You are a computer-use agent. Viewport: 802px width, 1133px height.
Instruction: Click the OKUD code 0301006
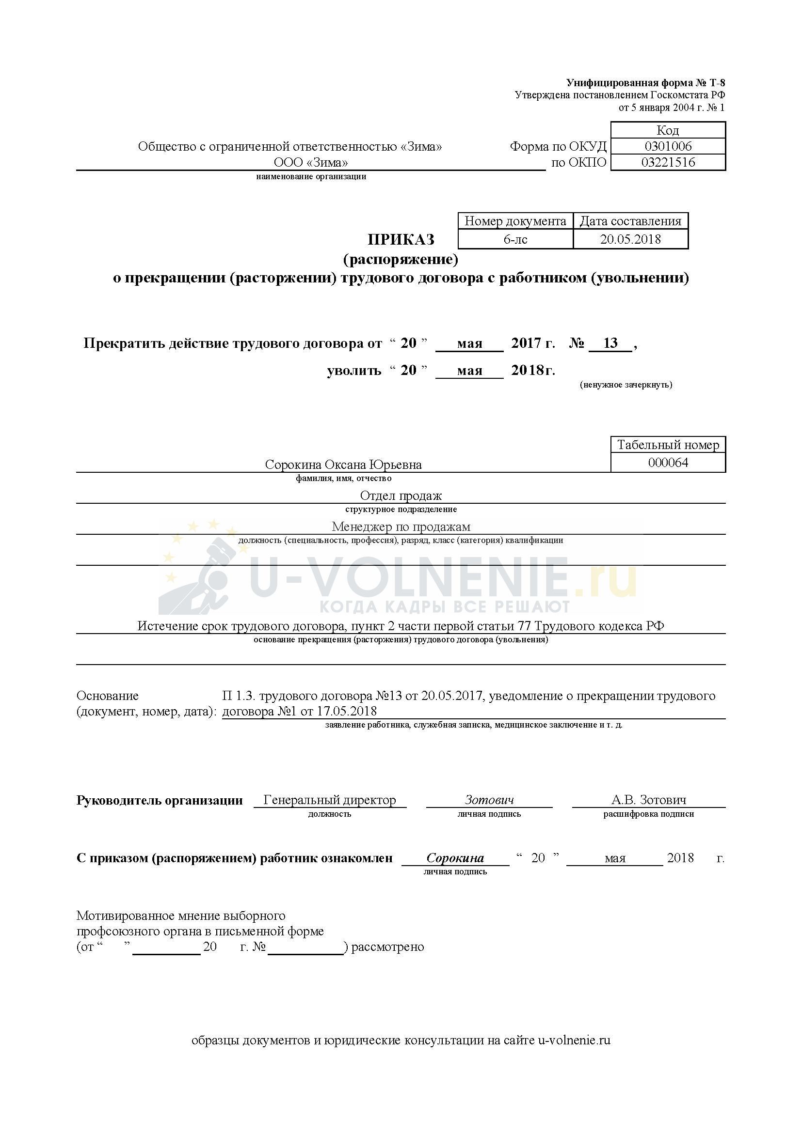coord(668,146)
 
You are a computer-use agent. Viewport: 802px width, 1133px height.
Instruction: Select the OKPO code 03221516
coord(668,162)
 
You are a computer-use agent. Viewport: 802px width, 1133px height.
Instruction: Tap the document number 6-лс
coord(515,239)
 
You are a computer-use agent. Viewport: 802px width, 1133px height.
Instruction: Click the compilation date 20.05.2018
coord(630,239)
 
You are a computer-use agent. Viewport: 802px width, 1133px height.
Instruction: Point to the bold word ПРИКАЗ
coord(401,239)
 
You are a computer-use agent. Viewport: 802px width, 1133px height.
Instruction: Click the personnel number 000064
coord(668,463)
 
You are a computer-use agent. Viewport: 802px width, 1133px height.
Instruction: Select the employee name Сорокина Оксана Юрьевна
coord(343,465)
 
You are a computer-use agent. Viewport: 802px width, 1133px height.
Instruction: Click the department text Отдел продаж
coord(401,496)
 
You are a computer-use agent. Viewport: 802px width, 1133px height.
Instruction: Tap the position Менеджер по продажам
coord(401,527)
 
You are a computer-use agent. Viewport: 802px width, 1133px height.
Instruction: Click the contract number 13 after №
coord(610,343)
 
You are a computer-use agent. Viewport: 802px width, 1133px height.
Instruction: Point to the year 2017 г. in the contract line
coord(533,343)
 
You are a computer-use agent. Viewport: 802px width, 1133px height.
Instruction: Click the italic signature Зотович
coord(489,799)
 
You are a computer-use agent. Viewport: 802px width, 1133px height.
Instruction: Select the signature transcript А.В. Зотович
coord(648,799)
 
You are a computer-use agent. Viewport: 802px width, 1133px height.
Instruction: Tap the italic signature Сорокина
coord(455,858)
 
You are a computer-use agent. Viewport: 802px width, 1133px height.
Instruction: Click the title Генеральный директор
coord(329,799)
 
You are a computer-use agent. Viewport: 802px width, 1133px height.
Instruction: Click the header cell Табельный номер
coord(668,445)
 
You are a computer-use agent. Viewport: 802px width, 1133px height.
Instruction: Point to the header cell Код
coord(668,130)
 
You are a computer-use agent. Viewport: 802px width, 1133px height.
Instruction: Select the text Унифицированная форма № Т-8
coord(645,82)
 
